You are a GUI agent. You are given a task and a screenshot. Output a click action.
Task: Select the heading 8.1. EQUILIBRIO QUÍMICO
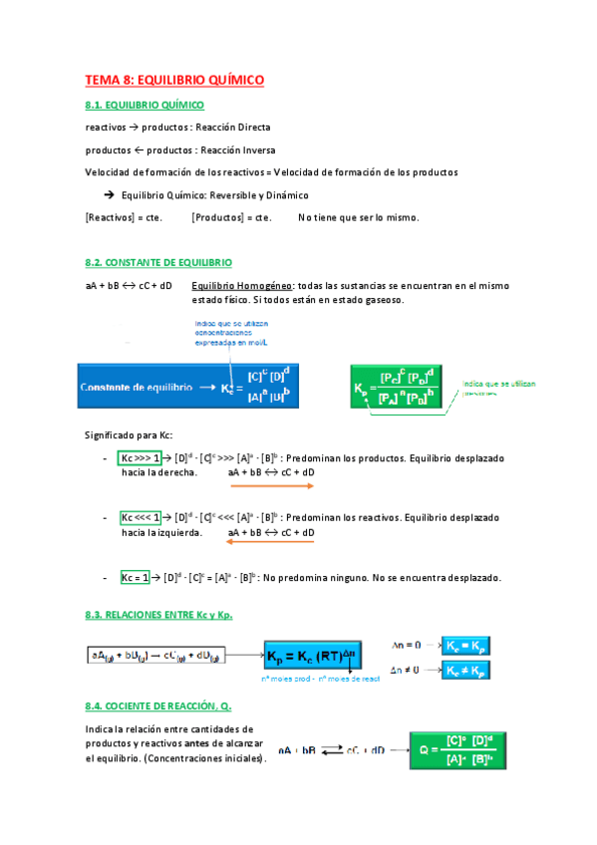point(145,105)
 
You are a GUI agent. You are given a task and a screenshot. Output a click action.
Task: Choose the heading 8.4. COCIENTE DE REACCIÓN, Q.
point(159,705)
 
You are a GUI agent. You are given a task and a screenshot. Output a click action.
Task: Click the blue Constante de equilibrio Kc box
point(190,385)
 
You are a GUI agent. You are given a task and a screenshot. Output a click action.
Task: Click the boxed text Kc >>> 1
point(140,458)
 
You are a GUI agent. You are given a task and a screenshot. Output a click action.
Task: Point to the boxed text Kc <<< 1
point(141,518)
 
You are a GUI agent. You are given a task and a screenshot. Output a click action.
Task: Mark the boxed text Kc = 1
point(135,578)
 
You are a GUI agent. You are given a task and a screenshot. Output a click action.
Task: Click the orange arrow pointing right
point(272,486)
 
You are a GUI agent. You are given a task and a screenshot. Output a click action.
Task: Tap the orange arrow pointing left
point(272,546)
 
